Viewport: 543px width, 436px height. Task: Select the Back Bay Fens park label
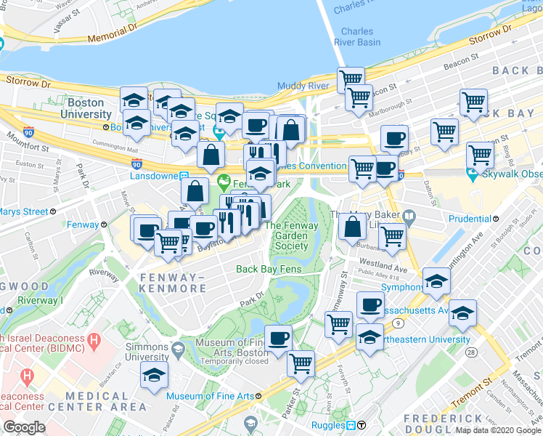269,270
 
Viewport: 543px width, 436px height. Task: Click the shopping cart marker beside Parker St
301,362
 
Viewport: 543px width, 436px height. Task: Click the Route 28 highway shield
472,352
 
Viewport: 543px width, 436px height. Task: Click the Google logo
24,427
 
